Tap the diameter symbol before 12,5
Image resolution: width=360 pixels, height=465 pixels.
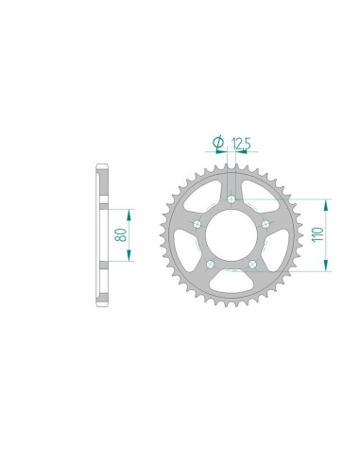point(219,143)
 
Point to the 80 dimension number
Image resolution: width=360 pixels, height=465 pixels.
point(121,234)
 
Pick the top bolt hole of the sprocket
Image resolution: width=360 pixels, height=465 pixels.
point(232,199)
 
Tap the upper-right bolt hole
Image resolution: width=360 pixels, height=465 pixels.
point(266,223)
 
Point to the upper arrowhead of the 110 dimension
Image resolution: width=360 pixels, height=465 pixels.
point(326,204)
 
